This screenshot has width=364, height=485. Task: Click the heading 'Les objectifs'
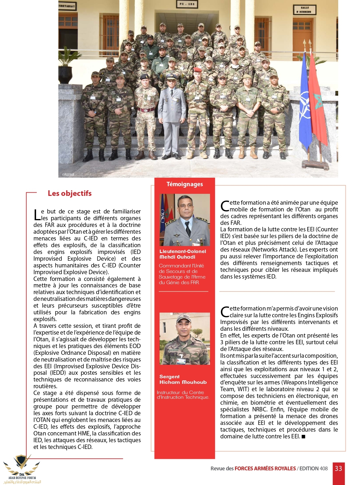click(x=70, y=193)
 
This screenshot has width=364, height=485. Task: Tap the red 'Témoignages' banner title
click(x=184, y=184)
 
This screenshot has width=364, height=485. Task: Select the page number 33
click(x=338, y=468)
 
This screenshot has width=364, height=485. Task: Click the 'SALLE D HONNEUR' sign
click(x=304, y=10)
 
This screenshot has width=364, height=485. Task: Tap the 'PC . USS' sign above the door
click(x=187, y=4)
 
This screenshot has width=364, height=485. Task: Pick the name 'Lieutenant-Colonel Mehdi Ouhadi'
click(x=182, y=254)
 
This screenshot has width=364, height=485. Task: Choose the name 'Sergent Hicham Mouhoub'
click(x=183, y=379)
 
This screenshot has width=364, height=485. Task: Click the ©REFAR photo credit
click(x=68, y=175)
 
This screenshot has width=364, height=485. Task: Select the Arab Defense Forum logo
click(x=22, y=469)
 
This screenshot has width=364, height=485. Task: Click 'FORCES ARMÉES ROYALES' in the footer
click(x=265, y=469)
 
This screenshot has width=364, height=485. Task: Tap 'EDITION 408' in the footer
click(x=313, y=469)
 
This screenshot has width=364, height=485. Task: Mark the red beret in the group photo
click(x=198, y=70)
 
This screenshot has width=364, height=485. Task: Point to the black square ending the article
click(x=303, y=437)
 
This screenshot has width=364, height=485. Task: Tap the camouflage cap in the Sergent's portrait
click(x=184, y=318)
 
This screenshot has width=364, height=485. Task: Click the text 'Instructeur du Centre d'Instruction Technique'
click(x=183, y=395)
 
